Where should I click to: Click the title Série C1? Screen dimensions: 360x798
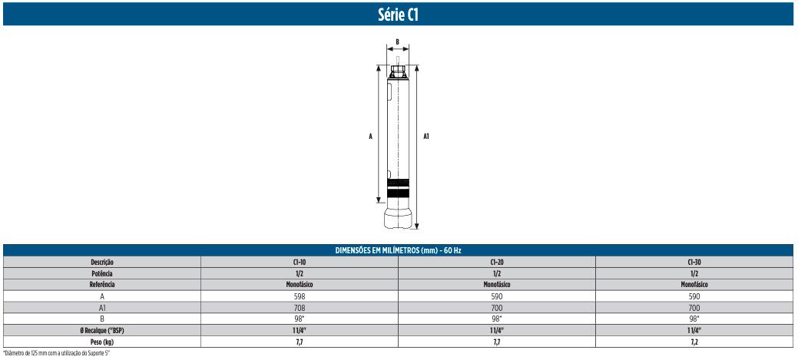[398, 13]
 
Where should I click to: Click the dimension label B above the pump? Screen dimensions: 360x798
[397, 41]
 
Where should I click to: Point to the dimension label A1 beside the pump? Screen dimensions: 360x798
[426, 136]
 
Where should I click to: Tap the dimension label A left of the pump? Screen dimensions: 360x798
[370, 136]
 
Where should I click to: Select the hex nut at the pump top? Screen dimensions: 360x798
[398, 71]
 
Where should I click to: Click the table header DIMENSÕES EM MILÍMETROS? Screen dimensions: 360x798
[398, 251]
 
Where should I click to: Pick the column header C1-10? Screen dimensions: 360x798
[299, 262]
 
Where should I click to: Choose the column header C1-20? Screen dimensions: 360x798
[496, 262]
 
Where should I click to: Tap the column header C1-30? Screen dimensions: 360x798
[694, 262]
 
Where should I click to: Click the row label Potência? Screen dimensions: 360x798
[102, 273]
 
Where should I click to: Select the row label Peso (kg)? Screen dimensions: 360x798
[102, 340]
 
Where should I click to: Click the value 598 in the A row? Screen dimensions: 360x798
[299, 296]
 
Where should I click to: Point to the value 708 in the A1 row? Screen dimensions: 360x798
[299, 306]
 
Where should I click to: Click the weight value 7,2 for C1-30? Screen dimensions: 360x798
[694, 340]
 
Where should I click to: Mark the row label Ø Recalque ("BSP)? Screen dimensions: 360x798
[102, 329]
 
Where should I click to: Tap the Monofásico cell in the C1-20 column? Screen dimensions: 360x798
[496, 284]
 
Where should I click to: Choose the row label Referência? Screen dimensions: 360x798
[102, 284]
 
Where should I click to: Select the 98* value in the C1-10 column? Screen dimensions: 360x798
[299, 318]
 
